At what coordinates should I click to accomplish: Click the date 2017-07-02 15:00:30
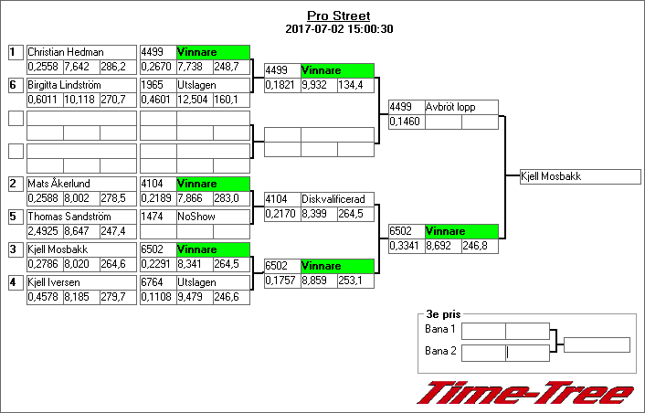(x=339, y=29)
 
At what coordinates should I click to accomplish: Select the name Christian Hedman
(x=66, y=53)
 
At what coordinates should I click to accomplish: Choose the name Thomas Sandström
(x=69, y=217)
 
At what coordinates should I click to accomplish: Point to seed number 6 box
(x=14, y=85)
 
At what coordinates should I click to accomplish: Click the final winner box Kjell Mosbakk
(x=579, y=176)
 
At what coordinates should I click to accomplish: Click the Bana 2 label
(x=440, y=351)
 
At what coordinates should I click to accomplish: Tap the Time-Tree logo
(x=525, y=393)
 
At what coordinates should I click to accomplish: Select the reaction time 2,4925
(x=44, y=232)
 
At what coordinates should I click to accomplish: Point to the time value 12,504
(x=193, y=100)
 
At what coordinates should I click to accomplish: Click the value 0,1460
(x=406, y=122)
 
